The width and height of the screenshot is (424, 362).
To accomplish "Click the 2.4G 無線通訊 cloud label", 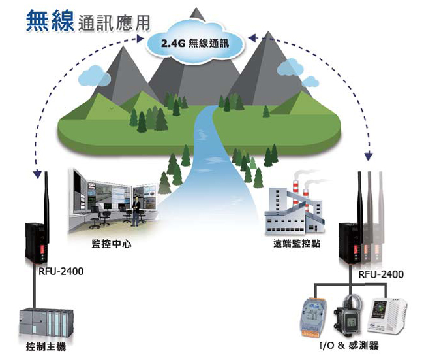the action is point(195,43).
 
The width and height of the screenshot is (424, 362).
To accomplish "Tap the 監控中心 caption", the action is point(112,244).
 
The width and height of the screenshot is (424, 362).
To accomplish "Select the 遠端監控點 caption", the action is point(297,244).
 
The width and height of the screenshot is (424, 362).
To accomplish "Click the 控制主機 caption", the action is point(46,346).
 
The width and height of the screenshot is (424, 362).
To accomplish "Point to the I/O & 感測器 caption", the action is point(349,346).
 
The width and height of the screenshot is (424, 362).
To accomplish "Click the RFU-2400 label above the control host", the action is point(61,271).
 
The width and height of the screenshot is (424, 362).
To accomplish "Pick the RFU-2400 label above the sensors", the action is point(381,274).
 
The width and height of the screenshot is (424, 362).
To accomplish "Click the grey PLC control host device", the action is point(46,323).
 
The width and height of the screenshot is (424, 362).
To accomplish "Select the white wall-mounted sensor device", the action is point(387,316).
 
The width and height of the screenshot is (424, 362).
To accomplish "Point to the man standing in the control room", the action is point(136,212).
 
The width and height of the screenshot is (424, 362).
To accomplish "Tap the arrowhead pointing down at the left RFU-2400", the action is point(37,174).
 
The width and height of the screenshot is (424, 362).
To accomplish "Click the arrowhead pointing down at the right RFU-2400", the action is point(369,157).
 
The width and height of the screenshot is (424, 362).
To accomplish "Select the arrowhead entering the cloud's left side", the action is point(140,39).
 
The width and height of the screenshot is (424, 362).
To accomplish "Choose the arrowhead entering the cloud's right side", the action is point(252,38).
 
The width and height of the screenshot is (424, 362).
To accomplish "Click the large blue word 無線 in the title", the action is point(50,21).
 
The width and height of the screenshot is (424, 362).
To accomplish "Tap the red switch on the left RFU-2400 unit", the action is point(42,249).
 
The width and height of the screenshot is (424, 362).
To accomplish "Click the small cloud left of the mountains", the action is point(95,76).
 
